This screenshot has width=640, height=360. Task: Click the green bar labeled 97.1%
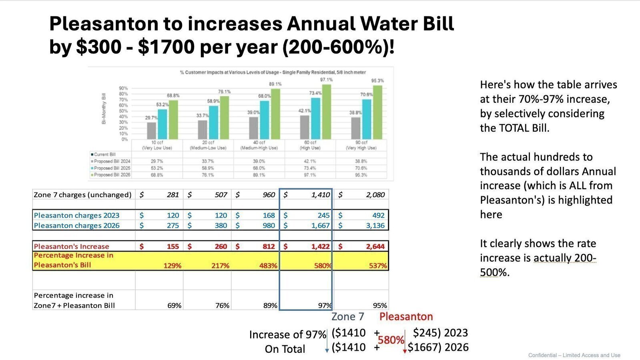click(327, 112)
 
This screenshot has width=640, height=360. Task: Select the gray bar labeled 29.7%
click(151, 130)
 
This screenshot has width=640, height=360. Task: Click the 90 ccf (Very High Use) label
click(361, 145)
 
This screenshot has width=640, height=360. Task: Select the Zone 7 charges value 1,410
click(320, 195)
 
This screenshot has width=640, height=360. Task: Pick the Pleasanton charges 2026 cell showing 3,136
click(375, 226)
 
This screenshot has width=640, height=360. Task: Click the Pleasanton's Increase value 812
click(269, 246)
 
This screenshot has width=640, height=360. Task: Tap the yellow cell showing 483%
click(268, 266)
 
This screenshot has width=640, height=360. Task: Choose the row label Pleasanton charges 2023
click(76, 215)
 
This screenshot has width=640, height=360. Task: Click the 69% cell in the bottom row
click(174, 305)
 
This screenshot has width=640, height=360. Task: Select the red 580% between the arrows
click(391, 340)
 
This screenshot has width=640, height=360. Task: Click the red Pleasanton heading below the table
click(406, 317)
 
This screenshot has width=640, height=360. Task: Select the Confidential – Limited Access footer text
click(574, 355)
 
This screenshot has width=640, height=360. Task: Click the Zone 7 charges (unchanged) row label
click(82, 195)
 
